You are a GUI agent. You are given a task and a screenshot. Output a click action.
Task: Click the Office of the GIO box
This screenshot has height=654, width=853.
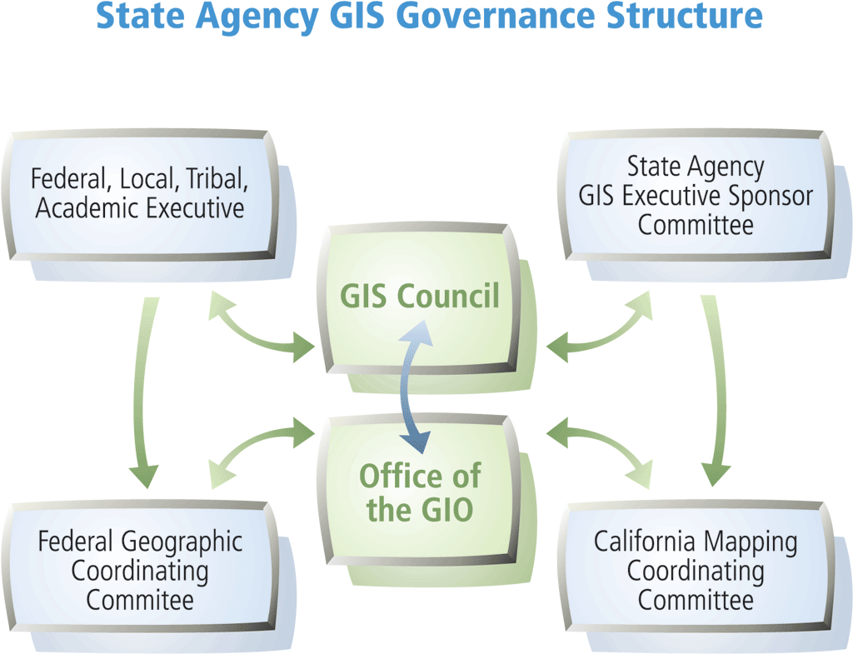click(x=419, y=492)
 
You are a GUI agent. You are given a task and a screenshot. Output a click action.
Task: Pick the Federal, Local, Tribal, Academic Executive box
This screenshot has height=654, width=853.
click(x=139, y=193)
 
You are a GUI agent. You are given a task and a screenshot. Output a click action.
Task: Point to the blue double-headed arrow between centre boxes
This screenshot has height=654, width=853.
click(x=410, y=385)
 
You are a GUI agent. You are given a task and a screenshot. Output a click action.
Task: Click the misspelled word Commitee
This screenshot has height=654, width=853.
click(x=140, y=599)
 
